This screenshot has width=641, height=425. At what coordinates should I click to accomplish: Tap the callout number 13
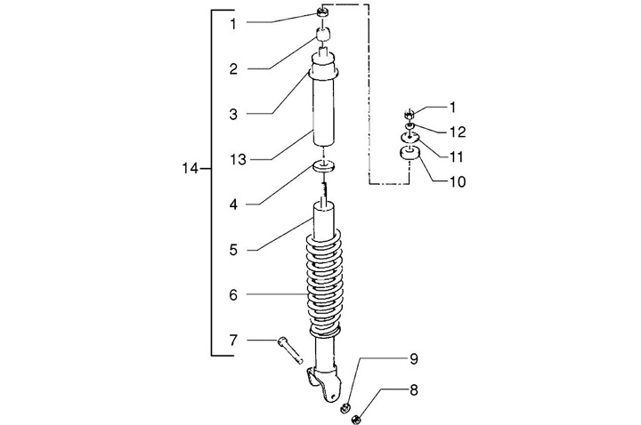236,159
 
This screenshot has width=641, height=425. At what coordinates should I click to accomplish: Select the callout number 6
232,294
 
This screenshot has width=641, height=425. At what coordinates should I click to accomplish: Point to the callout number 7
233,340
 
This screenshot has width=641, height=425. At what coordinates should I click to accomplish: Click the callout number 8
413,390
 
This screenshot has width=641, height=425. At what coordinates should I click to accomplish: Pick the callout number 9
413,359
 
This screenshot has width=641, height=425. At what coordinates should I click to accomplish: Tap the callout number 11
458,156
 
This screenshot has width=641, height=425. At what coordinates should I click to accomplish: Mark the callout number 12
457,132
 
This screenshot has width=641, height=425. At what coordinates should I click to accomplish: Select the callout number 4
232,204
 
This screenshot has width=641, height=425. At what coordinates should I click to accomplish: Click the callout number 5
232,250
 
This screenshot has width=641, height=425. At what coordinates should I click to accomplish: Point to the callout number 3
232,114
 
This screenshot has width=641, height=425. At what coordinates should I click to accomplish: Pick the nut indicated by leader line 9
345,406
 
